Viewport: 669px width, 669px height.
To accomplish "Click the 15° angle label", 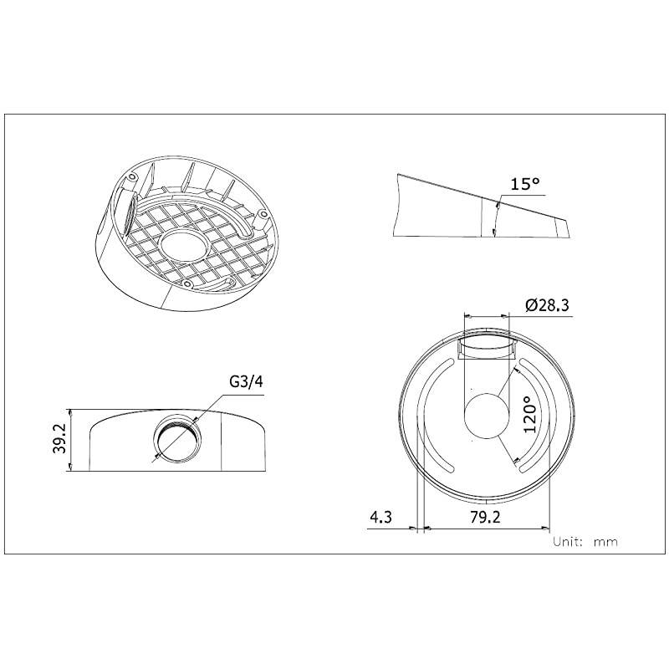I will coord(526,184).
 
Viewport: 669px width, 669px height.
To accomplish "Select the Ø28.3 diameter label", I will coord(548,306).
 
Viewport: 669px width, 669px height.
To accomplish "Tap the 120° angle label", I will coord(529,413).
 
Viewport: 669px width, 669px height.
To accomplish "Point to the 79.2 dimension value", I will coord(485,517).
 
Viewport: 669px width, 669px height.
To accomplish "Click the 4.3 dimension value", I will coord(381,517).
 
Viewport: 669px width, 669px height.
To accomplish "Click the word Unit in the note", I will coord(569,542).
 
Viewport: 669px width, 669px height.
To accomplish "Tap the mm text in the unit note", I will coord(605,542).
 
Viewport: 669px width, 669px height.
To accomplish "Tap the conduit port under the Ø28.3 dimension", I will coord(486,345).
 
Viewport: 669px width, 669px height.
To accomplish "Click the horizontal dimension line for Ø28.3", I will coord(486,316).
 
